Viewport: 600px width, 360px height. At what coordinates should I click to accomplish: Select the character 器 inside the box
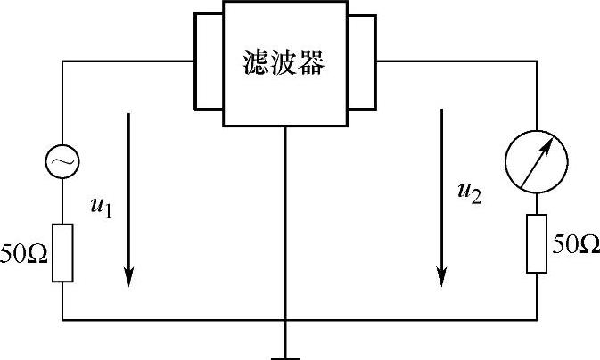pyautogui.click(x=311, y=62)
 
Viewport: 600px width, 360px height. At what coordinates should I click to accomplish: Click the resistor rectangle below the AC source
pyautogui.click(x=62, y=252)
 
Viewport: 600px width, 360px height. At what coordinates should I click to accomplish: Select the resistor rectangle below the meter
pyautogui.click(x=536, y=242)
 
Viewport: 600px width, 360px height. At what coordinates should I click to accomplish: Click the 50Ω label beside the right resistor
pyautogui.click(x=576, y=242)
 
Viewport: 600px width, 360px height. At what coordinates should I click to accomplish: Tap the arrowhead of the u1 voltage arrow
pyautogui.click(x=130, y=278)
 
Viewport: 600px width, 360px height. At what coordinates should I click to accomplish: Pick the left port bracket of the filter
pyautogui.click(x=209, y=61)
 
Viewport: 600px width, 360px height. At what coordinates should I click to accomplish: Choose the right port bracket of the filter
pyautogui.click(x=362, y=61)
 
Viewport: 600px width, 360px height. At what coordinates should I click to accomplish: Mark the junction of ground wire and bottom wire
pyautogui.click(x=285, y=319)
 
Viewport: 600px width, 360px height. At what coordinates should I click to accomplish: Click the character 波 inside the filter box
pyautogui.click(x=284, y=62)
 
